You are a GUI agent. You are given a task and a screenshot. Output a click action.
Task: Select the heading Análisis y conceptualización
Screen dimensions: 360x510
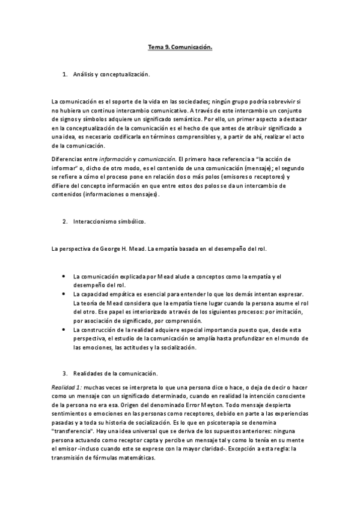pos(111,74)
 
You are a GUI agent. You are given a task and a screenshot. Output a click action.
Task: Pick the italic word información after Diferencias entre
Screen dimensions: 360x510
pos(114,158)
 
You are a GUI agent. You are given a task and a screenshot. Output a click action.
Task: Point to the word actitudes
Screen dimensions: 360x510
pos(136,348)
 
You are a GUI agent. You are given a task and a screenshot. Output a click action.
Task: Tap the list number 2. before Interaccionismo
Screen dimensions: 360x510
pos(66,221)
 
